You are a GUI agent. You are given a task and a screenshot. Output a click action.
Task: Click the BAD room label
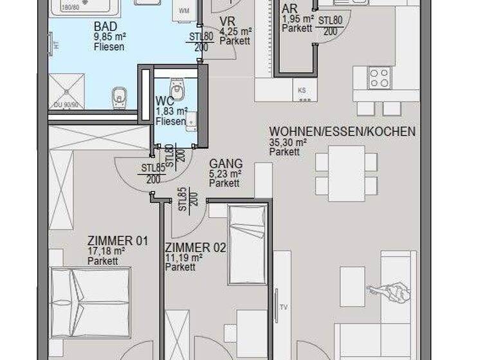pos(105,26)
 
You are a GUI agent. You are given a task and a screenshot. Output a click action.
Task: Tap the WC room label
pos(165,101)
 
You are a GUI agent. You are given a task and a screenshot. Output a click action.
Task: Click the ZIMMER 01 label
pos(118,242)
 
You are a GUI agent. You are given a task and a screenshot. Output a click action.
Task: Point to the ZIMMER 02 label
pos(196,248)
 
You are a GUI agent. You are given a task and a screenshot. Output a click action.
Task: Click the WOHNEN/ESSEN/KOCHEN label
pos(342,132)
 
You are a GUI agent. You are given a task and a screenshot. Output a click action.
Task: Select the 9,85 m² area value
pos(109,37)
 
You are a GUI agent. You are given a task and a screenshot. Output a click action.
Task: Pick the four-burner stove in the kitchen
pos(380,78)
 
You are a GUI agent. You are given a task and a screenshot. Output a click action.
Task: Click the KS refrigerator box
pos(303,91)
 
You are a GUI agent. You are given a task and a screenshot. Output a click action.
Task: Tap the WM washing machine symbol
pos(185,11)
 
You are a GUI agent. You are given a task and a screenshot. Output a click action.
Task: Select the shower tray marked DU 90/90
pos(67,91)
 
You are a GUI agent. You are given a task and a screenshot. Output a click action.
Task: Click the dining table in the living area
pos(346,172)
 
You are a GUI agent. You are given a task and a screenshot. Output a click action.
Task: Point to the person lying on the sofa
pos(390,292)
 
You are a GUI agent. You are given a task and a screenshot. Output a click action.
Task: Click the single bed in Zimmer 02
pos(247,245)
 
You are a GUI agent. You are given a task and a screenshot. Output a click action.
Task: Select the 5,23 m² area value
pos(225,174)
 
